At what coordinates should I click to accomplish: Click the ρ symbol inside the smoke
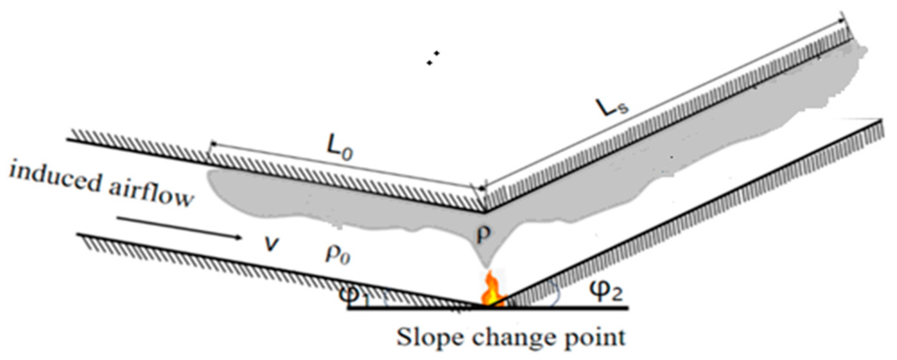pyautogui.click(x=483, y=234)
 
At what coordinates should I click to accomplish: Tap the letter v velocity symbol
pyautogui.click(x=271, y=244)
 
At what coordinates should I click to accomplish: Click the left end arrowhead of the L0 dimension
pyautogui.click(x=212, y=144)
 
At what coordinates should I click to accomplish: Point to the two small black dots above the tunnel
pyautogui.click(x=432, y=58)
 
